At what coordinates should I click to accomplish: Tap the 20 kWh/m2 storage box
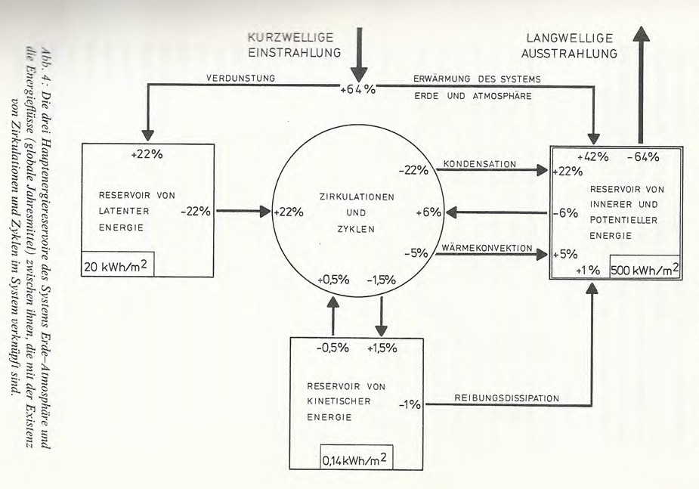point(117,265)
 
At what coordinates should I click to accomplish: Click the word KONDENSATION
point(480,164)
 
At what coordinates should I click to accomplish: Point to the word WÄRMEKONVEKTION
point(488,248)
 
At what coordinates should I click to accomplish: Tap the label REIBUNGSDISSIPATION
point(506,398)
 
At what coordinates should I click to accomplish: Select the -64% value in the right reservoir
point(644,157)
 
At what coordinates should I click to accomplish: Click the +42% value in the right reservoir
point(593,157)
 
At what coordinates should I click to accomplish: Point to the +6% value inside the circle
point(428,212)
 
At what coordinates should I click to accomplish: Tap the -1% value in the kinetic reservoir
point(410,405)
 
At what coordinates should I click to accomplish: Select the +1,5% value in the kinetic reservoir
point(382,348)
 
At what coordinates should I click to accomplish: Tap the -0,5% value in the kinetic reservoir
point(333,348)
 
